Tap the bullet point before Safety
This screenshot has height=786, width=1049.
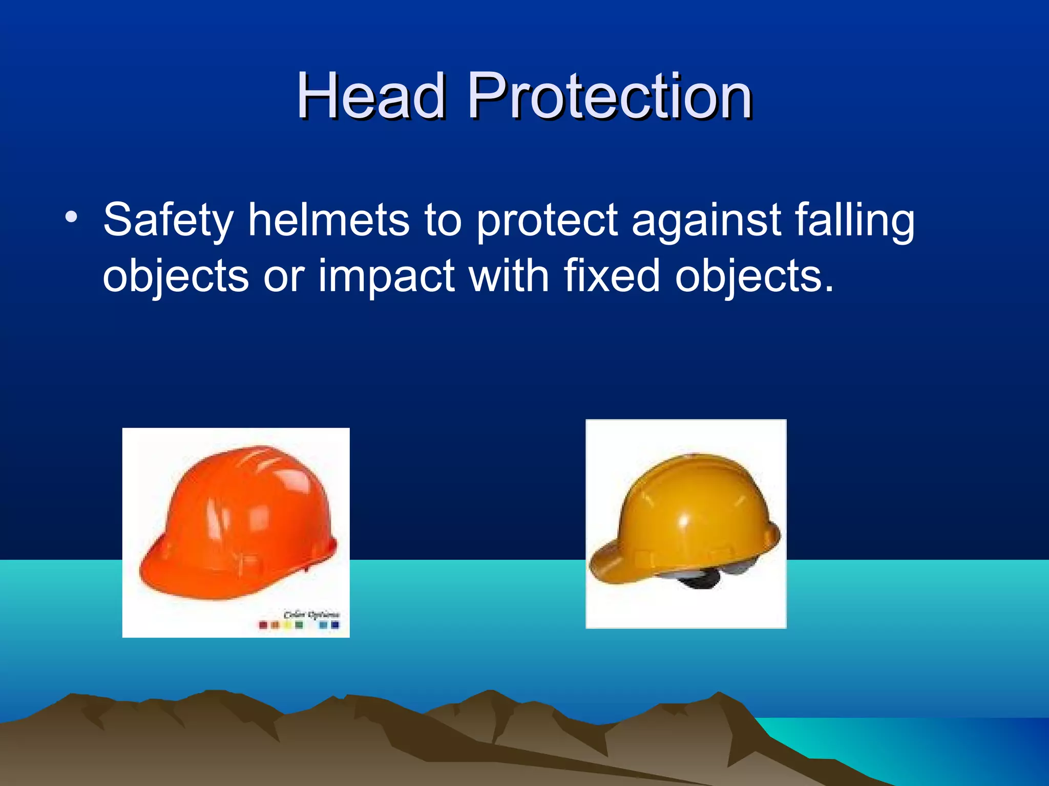click(x=71, y=217)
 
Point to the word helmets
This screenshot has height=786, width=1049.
click(x=328, y=220)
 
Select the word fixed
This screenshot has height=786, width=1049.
click(x=612, y=276)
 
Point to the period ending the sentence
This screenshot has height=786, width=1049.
click(x=829, y=289)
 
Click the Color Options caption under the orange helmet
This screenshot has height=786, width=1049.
click(x=311, y=614)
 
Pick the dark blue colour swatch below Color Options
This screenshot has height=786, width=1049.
click(x=335, y=625)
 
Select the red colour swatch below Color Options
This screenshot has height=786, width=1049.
click(x=263, y=625)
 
